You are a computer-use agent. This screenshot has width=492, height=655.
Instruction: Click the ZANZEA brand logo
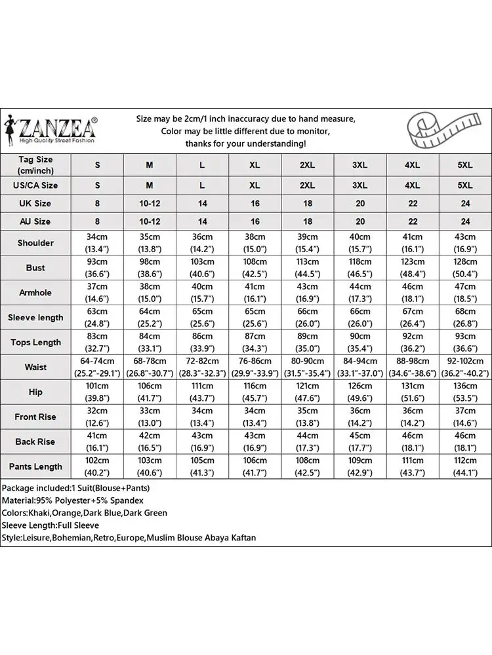tap(52, 129)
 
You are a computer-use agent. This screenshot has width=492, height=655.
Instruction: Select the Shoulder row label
tap(35, 243)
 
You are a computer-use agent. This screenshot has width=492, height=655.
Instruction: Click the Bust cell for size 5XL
tap(464, 268)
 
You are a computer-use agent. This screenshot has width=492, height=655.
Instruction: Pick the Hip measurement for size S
tap(97, 392)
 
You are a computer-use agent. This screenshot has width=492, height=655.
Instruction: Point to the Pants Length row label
tap(35, 466)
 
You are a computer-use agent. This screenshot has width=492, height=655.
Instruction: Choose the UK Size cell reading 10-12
tap(150, 204)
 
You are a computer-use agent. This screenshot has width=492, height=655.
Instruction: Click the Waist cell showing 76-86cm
tap(255, 367)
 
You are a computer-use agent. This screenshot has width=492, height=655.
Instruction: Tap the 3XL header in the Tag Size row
tap(359, 165)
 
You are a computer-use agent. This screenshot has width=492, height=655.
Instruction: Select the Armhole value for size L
tap(202, 293)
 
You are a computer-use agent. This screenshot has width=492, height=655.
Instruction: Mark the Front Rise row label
tap(35, 417)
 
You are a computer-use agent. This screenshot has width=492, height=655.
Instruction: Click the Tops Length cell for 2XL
tap(307, 343)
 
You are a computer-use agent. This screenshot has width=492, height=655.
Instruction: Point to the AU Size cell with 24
tap(464, 222)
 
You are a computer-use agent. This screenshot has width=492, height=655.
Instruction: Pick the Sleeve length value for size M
tap(150, 318)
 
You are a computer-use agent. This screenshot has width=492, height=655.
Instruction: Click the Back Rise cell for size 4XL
tap(412, 441)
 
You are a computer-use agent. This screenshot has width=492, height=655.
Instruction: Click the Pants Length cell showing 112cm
tap(464, 466)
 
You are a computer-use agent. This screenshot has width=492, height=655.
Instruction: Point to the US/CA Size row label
tap(35, 185)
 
